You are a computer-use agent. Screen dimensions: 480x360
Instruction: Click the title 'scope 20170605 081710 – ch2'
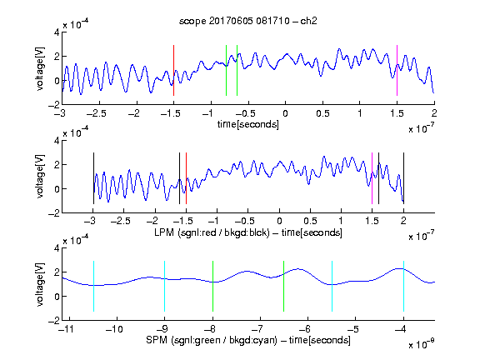[x=247, y=21]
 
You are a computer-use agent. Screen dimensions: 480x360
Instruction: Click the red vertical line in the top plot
[x=173, y=70]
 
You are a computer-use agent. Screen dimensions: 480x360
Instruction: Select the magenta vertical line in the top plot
[x=397, y=70]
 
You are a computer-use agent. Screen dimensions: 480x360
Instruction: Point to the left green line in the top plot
[x=226, y=70]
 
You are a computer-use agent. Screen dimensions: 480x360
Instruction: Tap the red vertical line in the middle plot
[x=186, y=178]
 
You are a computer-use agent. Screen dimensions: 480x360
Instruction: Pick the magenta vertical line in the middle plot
[x=372, y=178]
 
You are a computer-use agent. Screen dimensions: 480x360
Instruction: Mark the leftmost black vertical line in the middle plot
[x=93, y=178]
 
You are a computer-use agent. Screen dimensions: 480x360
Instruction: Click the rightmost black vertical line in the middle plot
[x=404, y=178]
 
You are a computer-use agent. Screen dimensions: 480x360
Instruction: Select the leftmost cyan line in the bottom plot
[x=93, y=286]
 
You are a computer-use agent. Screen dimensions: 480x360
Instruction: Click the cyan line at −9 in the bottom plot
[x=164, y=286]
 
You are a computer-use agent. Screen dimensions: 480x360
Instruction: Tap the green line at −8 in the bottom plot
[x=212, y=286]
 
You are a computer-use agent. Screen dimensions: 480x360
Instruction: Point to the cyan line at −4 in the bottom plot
[x=404, y=286]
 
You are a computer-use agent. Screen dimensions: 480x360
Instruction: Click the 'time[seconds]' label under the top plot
[x=248, y=125]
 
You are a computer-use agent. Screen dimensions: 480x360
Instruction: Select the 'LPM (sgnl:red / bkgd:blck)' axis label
[x=212, y=232]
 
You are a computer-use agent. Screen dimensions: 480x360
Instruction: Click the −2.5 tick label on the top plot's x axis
[x=96, y=114]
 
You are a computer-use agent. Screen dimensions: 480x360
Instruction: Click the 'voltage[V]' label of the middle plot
[x=40, y=177]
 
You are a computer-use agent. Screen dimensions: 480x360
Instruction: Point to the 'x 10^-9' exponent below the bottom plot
[x=422, y=344]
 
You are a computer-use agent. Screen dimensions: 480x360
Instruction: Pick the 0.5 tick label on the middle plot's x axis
[x=310, y=221]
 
